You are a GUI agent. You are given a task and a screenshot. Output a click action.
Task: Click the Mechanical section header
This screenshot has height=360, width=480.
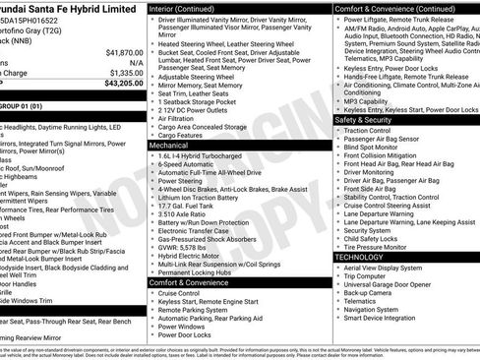pos(169,144)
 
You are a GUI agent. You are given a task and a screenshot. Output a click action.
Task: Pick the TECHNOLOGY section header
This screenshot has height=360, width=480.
pos(359,256)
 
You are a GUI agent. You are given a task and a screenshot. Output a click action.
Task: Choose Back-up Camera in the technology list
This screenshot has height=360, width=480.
pos(369,291)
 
